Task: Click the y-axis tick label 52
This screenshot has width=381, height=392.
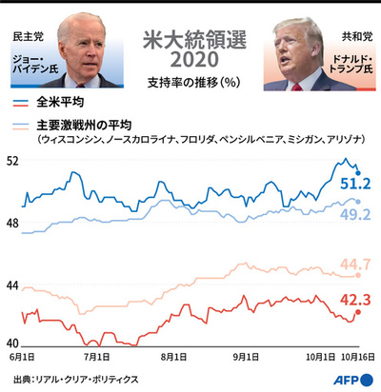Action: click(12, 162)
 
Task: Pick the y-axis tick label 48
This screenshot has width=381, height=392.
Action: click(12, 223)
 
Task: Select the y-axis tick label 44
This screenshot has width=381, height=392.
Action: click(12, 284)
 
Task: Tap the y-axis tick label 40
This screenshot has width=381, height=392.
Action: click(12, 344)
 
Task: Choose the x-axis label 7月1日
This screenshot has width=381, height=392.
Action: click(96, 359)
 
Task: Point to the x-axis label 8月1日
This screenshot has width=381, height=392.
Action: click(172, 359)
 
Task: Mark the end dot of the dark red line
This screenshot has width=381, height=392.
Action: click(358, 311)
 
